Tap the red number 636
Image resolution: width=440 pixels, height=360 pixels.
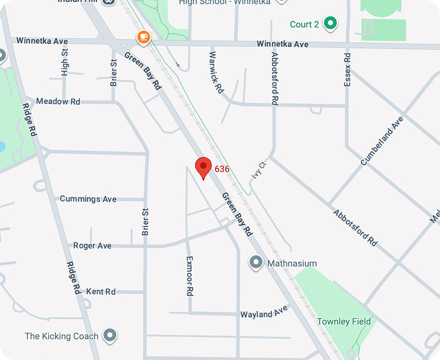point(222,169)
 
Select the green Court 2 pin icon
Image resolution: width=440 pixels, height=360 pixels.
point(330,23)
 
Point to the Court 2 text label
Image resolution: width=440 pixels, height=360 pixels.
point(304,24)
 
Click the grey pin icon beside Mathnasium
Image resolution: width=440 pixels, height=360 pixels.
point(256,263)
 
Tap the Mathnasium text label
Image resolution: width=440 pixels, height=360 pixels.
point(291,263)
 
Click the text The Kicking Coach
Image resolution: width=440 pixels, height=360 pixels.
point(61,336)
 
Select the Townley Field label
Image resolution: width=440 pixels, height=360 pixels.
point(344,322)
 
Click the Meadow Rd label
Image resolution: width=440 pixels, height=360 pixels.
point(58,101)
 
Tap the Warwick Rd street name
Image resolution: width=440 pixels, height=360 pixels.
point(216,73)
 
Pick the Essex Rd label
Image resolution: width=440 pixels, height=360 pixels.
point(347,69)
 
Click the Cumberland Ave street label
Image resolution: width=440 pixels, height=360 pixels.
point(382,141)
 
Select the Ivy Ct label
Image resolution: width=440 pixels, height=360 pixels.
point(259,169)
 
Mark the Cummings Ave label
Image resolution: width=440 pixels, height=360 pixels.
point(88,199)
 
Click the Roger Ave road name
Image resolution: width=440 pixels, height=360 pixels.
point(92,246)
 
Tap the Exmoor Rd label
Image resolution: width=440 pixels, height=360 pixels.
point(190,275)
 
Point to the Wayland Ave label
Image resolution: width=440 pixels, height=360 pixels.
point(263,313)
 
